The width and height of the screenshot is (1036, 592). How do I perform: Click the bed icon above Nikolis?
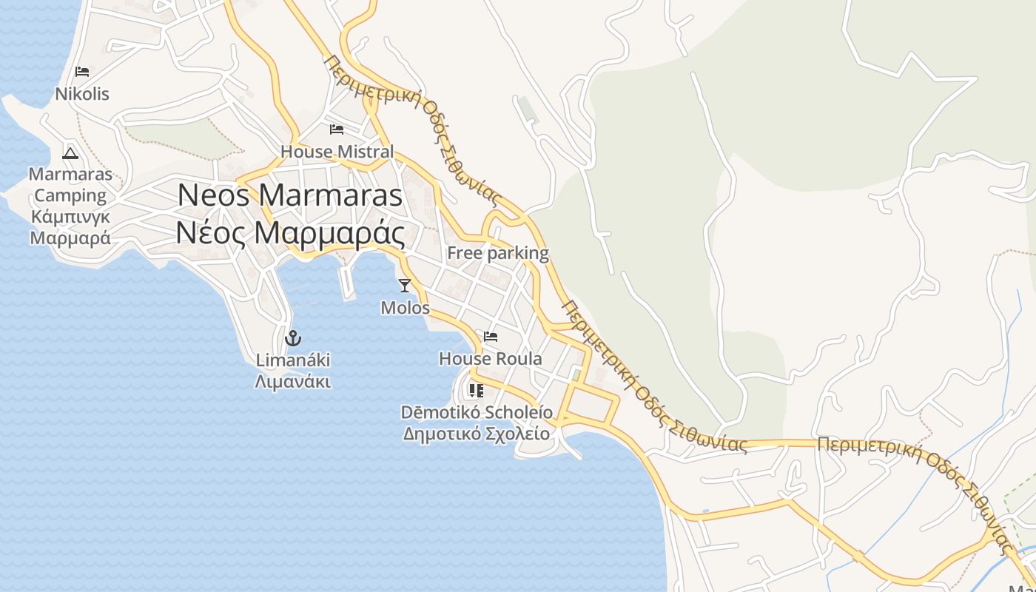(82, 72)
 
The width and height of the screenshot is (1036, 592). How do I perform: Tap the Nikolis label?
(82, 94)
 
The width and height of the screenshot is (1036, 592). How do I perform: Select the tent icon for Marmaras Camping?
(70, 153)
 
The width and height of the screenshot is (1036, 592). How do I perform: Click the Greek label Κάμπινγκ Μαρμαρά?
(70, 227)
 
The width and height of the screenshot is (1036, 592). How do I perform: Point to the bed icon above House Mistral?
(337, 129)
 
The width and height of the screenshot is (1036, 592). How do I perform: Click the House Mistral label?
(337, 152)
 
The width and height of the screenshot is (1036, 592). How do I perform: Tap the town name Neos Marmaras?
(290, 195)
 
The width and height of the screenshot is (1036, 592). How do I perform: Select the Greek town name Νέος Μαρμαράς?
(290, 233)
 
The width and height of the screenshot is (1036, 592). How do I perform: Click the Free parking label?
(498, 253)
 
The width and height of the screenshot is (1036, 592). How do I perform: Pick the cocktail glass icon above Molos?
(405, 285)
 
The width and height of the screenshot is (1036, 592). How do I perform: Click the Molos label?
(405, 307)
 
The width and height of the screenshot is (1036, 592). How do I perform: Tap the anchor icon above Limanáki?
(293, 338)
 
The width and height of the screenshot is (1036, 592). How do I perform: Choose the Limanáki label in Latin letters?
(293, 360)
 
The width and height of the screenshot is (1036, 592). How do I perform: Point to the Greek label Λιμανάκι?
(293, 382)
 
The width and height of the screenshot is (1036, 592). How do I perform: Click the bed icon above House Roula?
(491, 337)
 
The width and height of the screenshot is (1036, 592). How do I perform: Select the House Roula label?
(491, 359)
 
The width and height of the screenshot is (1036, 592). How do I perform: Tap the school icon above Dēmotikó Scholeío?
(476, 390)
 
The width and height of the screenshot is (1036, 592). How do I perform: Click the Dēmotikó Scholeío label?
(477, 411)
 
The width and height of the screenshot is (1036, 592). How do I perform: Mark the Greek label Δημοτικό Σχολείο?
(477, 434)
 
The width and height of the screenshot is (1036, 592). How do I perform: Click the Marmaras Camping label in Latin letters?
(70, 185)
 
